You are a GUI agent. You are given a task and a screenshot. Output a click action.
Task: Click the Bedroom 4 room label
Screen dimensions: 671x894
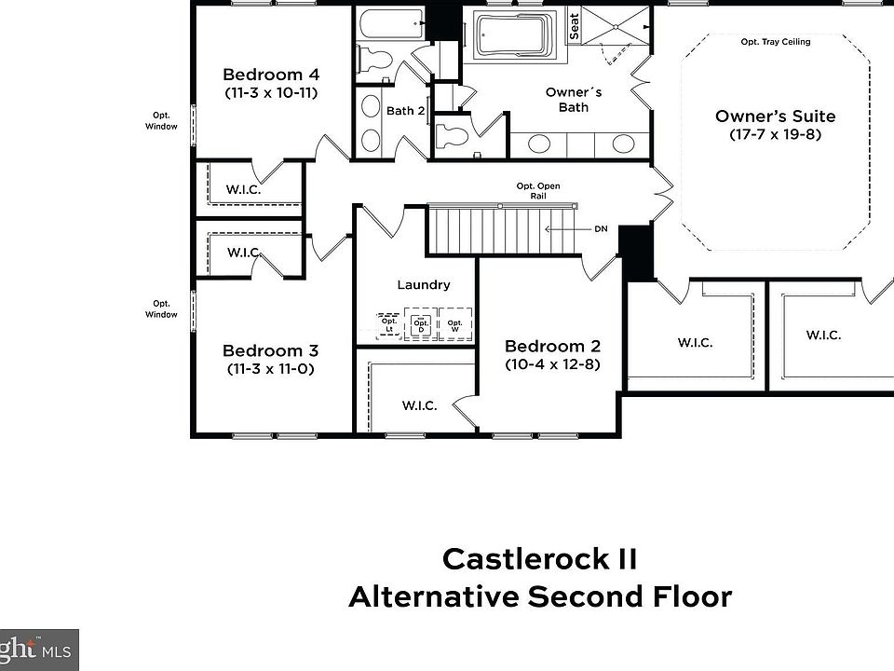point(263,75)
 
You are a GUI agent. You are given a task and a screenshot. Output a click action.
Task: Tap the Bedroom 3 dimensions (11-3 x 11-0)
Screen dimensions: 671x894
point(270,369)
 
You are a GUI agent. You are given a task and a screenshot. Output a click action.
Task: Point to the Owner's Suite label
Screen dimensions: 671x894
point(775,116)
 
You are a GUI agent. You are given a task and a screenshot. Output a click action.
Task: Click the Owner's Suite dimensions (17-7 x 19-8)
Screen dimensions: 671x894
point(775,134)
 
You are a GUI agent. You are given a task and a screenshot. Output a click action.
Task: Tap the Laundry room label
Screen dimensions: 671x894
point(423,285)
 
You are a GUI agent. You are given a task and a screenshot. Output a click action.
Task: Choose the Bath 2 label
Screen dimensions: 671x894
point(405,111)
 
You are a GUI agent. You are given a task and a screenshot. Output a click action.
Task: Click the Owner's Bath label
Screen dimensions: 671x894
point(574,100)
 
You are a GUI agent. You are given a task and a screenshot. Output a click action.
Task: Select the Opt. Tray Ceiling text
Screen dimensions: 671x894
point(775,42)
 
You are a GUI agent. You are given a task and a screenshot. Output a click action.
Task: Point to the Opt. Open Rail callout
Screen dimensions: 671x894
point(538,191)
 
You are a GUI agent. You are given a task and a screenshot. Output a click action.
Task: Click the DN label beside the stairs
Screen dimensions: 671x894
point(601,228)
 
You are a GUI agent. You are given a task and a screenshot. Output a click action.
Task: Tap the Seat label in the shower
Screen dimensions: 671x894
point(575,26)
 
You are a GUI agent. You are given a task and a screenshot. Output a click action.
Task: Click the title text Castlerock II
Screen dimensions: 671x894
point(539,559)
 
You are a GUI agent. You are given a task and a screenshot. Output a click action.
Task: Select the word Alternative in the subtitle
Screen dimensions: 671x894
point(433,596)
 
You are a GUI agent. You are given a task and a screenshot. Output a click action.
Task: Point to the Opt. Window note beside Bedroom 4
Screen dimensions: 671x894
point(161,121)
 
